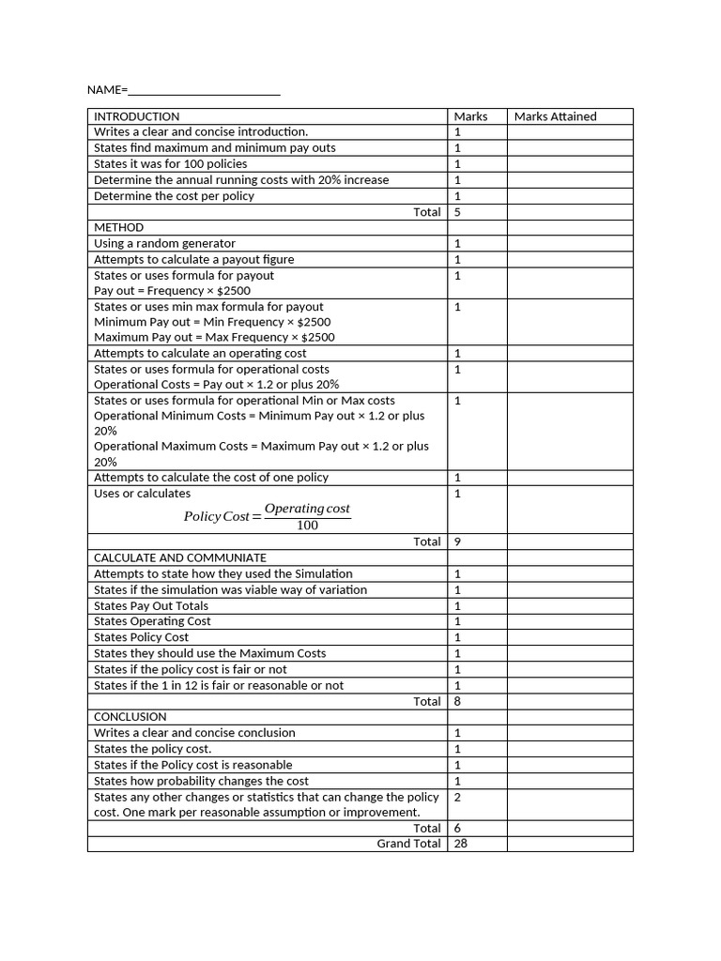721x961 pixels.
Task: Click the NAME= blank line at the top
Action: point(204,91)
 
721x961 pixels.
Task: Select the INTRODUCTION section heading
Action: point(137,116)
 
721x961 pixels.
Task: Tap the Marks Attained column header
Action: point(555,116)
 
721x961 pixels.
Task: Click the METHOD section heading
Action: point(119,227)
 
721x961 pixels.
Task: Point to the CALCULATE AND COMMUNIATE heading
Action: point(180,557)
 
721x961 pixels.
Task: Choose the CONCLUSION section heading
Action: point(130,716)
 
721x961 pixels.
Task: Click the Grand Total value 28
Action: point(460,844)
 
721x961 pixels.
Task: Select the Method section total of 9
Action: point(457,542)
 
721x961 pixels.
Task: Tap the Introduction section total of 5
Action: point(457,212)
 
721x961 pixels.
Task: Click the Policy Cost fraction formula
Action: point(267,516)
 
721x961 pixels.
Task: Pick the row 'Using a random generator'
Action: point(165,243)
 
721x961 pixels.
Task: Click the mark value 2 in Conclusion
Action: point(457,797)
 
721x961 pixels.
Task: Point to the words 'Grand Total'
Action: point(408,844)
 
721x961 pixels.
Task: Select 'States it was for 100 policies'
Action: point(171,163)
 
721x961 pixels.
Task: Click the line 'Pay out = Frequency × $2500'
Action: point(173,291)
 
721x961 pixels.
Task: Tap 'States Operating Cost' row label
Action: point(152,621)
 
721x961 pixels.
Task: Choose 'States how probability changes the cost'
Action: point(201,781)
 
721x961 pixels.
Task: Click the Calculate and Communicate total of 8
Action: point(457,701)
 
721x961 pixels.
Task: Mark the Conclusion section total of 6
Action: point(457,828)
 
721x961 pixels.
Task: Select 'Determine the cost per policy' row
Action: point(175,195)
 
